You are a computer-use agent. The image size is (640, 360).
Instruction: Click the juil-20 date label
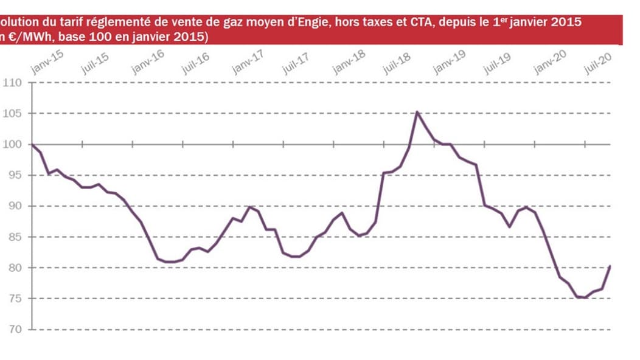[x=597, y=63]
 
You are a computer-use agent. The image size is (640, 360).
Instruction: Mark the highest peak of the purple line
[x=417, y=112]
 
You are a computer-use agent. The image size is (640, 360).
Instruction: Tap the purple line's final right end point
[x=610, y=266]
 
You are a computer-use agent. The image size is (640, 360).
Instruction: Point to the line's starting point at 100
[x=32, y=145]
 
